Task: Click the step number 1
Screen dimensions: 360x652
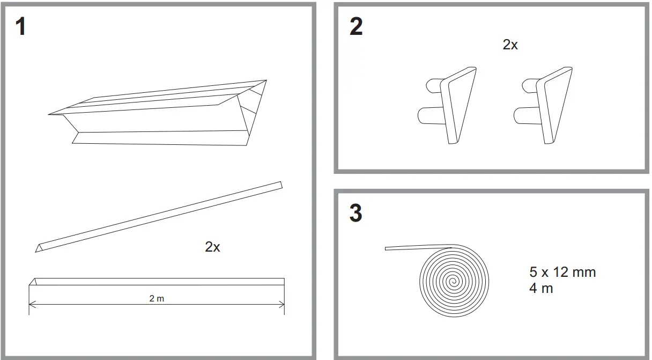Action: point(21,27)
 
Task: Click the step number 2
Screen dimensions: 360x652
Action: point(355,27)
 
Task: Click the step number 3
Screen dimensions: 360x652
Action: point(355,213)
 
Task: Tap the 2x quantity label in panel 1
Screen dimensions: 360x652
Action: point(212,247)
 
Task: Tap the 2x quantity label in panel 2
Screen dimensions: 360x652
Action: point(510,45)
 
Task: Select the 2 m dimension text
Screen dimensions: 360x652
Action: point(157,299)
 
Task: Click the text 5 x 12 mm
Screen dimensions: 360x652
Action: point(562,272)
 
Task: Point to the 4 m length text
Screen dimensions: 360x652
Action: point(541,288)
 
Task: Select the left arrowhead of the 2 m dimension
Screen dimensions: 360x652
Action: point(31,304)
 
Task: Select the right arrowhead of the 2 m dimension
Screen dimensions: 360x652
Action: point(282,304)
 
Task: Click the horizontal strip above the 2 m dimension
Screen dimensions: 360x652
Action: point(157,282)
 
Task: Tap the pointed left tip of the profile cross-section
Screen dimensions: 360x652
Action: point(50,114)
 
